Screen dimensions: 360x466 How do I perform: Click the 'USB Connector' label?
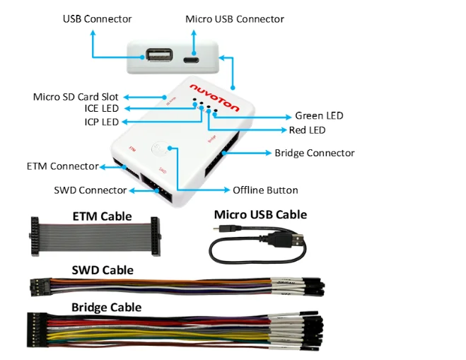pyautogui.click(x=98, y=18)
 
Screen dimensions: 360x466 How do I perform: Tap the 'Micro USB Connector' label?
pyautogui.click(x=235, y=18)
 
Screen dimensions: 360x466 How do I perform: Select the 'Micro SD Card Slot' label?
pyautogui.click(x=76, y=96)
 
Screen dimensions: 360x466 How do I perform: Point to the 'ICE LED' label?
pyautogui.click(x=101, y=108)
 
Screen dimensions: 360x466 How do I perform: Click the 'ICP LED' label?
pyautogui.click(x=101, y=122)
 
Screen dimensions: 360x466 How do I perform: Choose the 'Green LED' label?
pyautogui.click(x=320, y=116)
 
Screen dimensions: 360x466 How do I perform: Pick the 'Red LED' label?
pyautogui.click(x=307, y=130)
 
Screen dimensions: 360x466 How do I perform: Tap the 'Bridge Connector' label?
pyautogui.click(x=315, y=153)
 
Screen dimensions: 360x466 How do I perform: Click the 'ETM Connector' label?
pyautogui.click(x=62, y=166)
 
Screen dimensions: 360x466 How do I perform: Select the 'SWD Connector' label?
pyautogui.click(x=90, y=190)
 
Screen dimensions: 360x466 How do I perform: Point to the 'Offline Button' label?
pyautogui.click(x=265, y=190)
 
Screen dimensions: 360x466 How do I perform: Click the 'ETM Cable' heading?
pyautogui.click(x=102, y=216)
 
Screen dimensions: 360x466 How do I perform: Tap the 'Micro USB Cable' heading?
pyautogui.click(x=260, y=214)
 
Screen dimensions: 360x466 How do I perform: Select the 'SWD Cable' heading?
pyautogui.click(x=103, y=270)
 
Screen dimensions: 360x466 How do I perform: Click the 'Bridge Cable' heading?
pyautogui.click(x=106, y=307)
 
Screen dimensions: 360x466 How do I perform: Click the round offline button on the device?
pyautogui.click(x=161, y=150)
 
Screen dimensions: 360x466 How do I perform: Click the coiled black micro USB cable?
pyautogui.click(x=257, y=243)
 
